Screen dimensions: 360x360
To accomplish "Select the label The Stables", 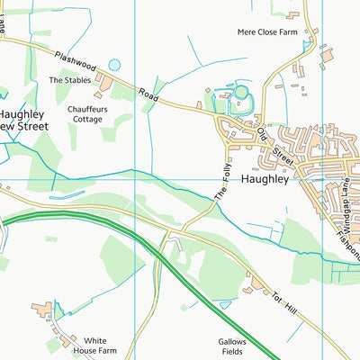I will tap(69, 80).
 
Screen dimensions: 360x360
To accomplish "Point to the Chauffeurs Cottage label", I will tap(90, 114).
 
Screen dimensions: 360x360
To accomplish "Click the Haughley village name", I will tap(265, 179).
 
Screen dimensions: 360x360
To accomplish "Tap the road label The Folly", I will tap(220, 184).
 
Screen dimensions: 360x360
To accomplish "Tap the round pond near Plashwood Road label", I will tap(114, 65).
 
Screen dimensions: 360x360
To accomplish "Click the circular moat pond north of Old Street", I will tap(240, 92).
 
